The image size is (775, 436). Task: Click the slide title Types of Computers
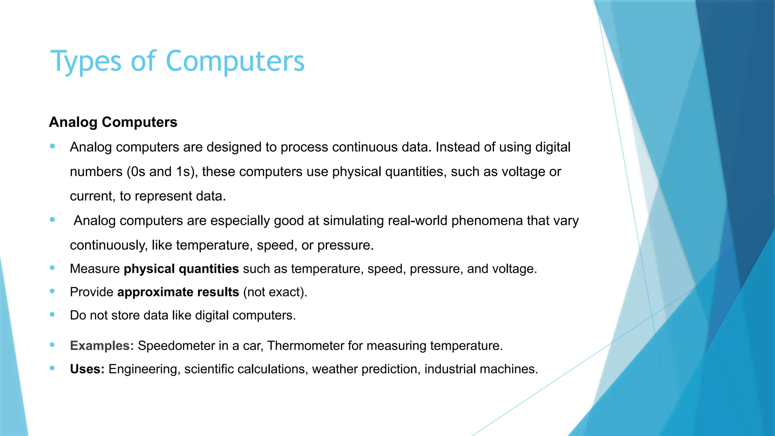tap(177, 61)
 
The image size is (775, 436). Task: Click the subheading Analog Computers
tap(113, 122)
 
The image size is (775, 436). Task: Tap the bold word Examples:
tap(102, 346)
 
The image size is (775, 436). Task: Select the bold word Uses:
tap(87, 369)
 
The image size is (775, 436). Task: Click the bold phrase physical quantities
tap(181, 269)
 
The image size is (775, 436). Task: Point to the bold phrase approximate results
tap(178, 292)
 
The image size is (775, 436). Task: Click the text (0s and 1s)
tap(162, 172)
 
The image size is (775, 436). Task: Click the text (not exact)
tap(275, 292)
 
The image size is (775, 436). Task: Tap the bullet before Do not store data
tap(52, 315)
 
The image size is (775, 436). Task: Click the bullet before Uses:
tap(52, 368)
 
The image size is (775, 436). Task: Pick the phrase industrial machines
tap(481, 369)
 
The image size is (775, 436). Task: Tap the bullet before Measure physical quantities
tap(52, 268)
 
